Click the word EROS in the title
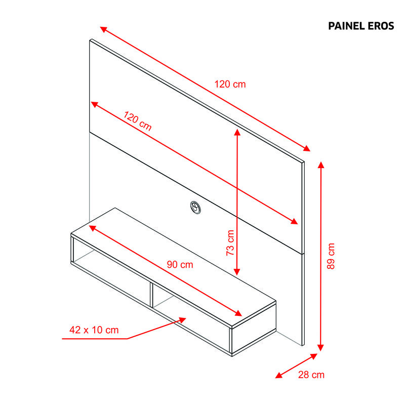(x=381, y=26)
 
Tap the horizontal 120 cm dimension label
(x=230, y=84)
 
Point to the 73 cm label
(x=230, y=243)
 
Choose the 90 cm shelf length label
(x=180, y=264)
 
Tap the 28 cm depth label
(x=311, y=375)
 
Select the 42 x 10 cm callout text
(x=94, y=330)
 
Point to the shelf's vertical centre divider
(x=151, y=294)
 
